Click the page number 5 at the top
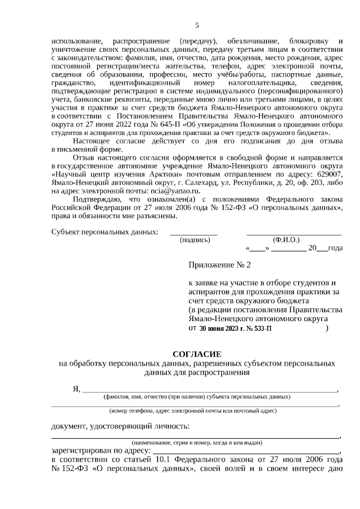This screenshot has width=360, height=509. point(197,25)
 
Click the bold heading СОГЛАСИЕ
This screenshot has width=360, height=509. point(197,354)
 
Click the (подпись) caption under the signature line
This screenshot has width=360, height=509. point(195,240)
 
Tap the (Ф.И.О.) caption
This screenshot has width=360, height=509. point(286,240)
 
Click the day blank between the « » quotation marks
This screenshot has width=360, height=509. point(256,248)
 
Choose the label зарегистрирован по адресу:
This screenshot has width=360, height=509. point(101,451)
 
